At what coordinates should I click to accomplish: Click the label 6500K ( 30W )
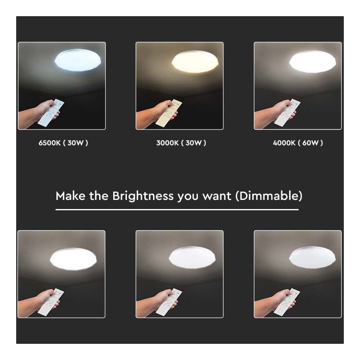[x=63, y=143]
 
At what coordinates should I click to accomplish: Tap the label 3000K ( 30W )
[x=181, y=143]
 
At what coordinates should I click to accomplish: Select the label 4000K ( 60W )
[x=298, y=143]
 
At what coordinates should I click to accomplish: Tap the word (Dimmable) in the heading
[x=268, y=196]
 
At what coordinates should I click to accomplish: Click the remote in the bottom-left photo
[x=51, y=302]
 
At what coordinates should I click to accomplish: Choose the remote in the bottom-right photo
[x=287, y=302]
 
